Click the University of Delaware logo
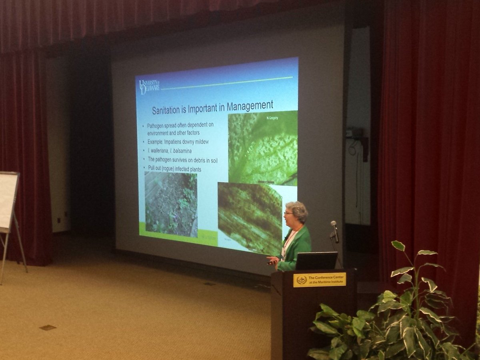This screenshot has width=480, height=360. click(149, 87)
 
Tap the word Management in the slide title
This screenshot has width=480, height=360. click(250, 106)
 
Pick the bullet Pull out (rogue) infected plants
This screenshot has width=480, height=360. click(174, 169)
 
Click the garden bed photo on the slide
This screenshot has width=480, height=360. click(171, 204)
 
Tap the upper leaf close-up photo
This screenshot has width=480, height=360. click(263, 148)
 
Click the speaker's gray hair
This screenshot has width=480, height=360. click(298, 210)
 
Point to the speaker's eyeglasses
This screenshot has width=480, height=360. click(288, 214)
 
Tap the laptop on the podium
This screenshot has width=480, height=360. click(316, 261)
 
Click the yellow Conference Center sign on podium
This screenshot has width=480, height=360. click(319, 280)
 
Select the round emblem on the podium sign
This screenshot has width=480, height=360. click(302, 280)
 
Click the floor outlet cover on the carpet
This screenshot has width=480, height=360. click(48, 328)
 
